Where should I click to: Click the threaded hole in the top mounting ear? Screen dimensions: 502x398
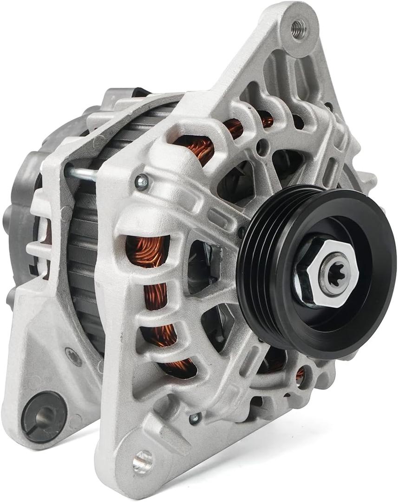298,29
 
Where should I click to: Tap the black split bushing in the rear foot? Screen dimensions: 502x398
45,415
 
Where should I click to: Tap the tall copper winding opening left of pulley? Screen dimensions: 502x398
147,254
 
